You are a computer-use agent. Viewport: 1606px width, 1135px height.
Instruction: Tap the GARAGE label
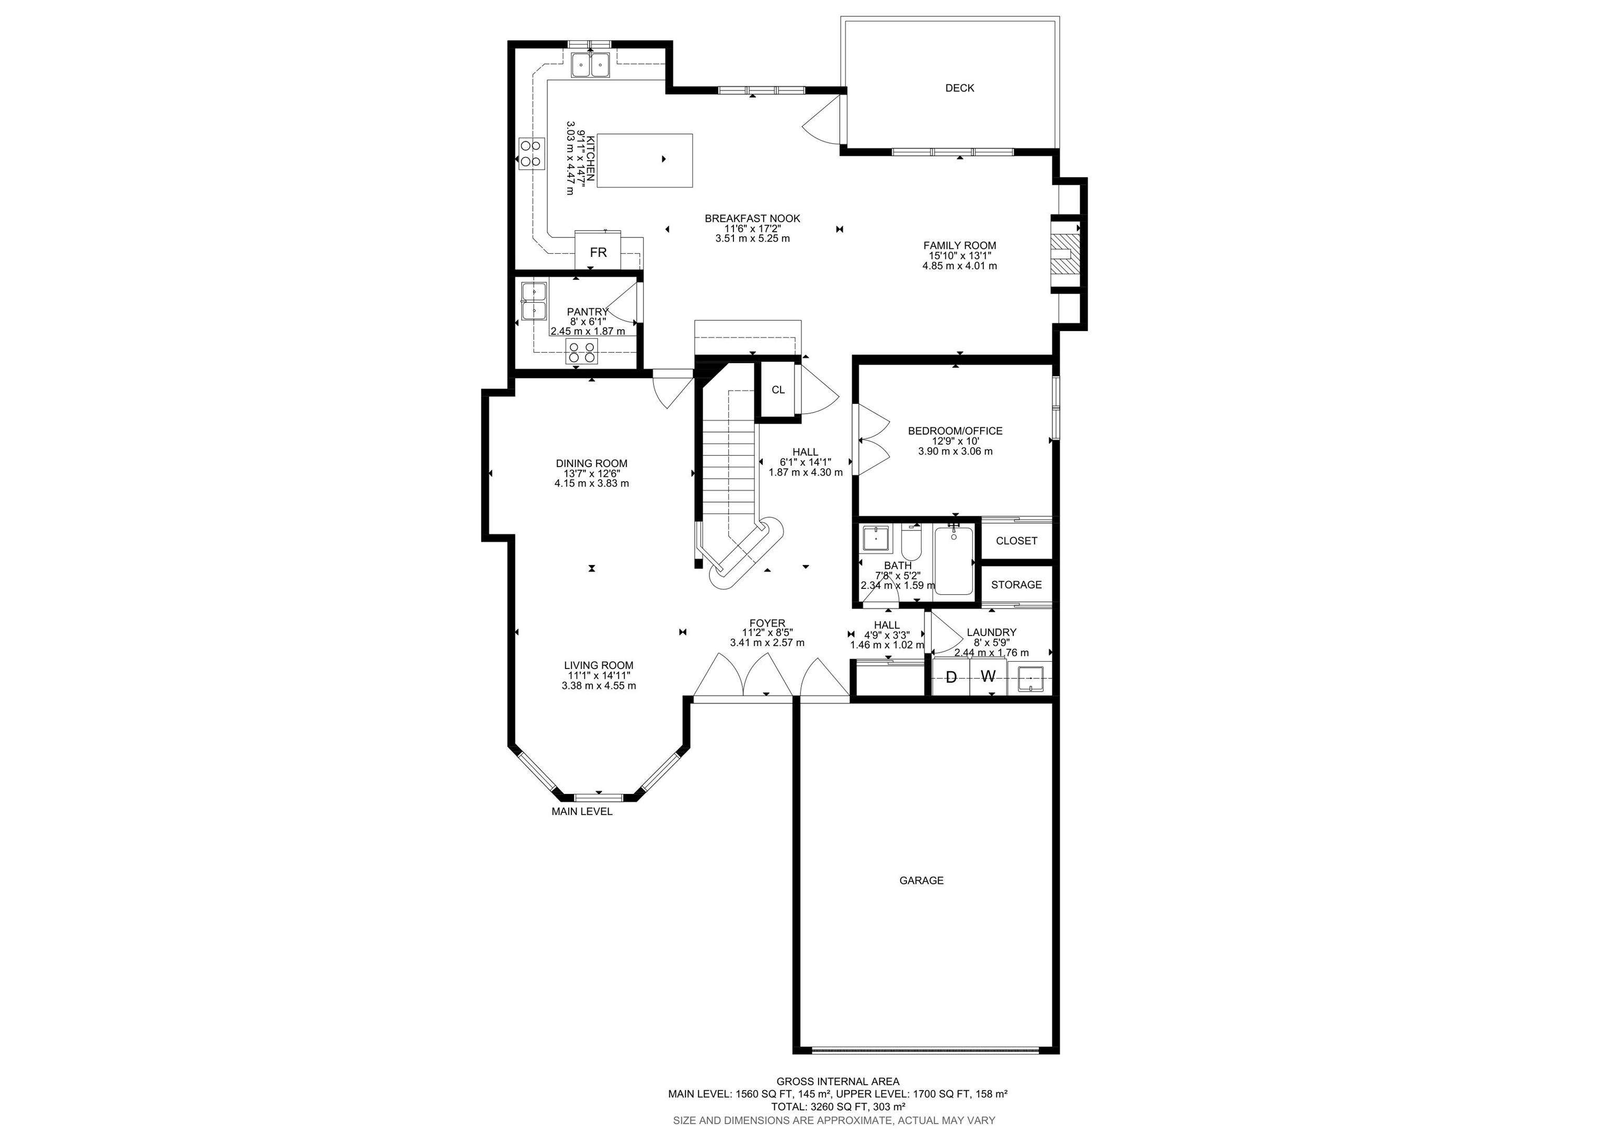coord(921,880)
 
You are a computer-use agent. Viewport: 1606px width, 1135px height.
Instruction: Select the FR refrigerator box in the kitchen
coord(598,251)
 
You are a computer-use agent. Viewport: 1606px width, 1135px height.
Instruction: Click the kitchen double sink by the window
coord(591,64)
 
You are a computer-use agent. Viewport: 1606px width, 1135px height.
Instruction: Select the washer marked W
coord(988,677)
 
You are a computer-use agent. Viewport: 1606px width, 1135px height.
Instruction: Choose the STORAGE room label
coord(1016,585)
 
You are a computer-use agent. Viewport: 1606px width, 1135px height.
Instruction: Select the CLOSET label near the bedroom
coord(1016,541)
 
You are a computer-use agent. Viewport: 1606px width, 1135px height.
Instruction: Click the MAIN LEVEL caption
coord(582,812)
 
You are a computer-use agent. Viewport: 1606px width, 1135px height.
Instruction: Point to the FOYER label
coord(767,623)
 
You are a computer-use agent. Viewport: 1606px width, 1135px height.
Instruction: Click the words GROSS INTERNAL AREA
coord(838,1081)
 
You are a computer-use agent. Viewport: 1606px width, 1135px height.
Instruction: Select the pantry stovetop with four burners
coord(582,352)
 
